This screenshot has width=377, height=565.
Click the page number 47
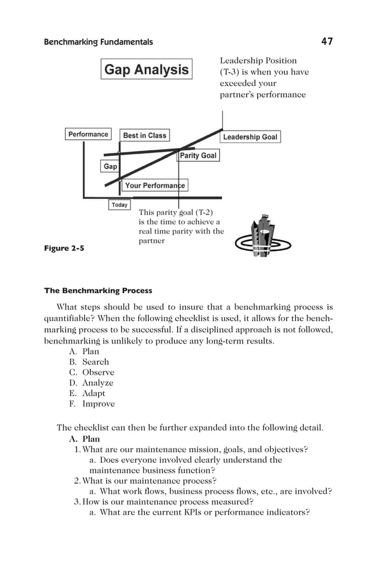tap(327, 41)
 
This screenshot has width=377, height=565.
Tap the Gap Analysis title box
tap(147, 70)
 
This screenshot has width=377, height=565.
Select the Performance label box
tap(88, 135)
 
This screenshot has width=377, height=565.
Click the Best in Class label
tap(145, 136)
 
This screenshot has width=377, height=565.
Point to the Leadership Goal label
tap(250, 137)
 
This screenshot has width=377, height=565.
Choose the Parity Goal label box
tap(198, 156)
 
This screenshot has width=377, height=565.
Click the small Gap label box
tap(110, 166)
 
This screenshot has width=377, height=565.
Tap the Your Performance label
tap(155, 185)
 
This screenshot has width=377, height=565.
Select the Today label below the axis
tap(119, 205)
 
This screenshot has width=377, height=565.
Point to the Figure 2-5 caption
tap(64, 249)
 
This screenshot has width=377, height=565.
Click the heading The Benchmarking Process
tap(98, 290)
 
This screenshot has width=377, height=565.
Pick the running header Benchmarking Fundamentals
tap(98, 42)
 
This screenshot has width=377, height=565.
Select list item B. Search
tap(89, 362)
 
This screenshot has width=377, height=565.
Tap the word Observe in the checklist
tap(98, 373)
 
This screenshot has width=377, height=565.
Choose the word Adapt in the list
tap(94, 394)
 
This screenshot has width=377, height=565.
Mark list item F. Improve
tap(92, 404)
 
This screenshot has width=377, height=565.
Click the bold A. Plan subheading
tap(84, 439)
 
